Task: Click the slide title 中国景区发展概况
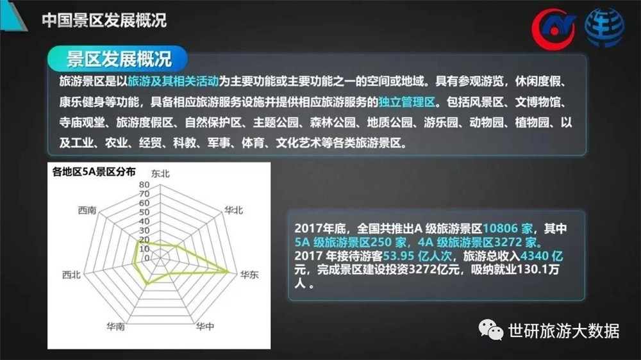tap(104, 20)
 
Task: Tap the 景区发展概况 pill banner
tap(118, 59)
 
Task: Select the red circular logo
tap(554, 29)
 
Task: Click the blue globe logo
tap(604, 28)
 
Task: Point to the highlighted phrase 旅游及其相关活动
tap(173, 81)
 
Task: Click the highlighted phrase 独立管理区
tap(407, 102)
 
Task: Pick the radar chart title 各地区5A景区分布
tap(94, 172)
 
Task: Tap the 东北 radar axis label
tap(160, 174)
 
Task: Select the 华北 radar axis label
tap(233, 210)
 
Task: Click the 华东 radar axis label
tap(249, 275)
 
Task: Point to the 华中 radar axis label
tap(204, 326)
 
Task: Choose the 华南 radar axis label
tap(115, 326)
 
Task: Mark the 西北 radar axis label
tap(71, 275)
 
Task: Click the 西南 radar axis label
tap(87, 210)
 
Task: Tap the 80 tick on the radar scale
tap(144, 184)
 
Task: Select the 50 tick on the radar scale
tap(144, 212)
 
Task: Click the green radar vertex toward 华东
tap(228, 270)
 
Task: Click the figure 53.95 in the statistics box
tap(398, 256)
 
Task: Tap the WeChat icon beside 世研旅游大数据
tap(490, 330)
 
